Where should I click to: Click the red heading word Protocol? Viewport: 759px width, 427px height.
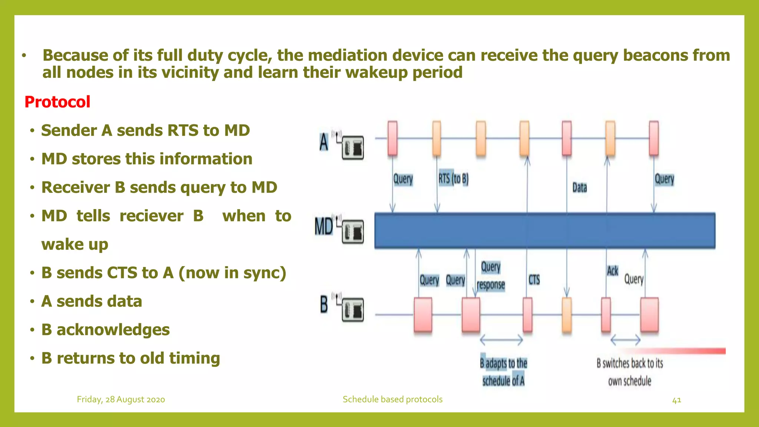pyautogui.click(x=57, y=102)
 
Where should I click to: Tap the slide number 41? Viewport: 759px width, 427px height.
pyautogui.click(x=676, y=400)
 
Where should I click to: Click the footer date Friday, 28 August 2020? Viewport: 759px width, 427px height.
pyautogui.click(x=121, y=400)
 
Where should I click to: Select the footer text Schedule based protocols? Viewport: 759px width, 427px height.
pyautogui.click(x=392, y=400)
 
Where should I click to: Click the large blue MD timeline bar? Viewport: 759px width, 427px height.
pyautogui.click(x=545, y=231)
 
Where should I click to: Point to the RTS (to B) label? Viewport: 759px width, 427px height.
pyautogui.click(x=453, y=179)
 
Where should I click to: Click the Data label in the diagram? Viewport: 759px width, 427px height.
pyautogui.click(x=580, y=188)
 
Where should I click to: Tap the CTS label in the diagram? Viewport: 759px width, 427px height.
pyautogui.click(x=534, y=279)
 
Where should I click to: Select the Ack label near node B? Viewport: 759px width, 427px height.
pyautogui.click(x=612, y=271)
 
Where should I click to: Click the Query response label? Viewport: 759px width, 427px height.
pyautogui.click(x=491, y=276)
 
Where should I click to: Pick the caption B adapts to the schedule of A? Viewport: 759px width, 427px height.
pyautogui.click(x=503, y=372)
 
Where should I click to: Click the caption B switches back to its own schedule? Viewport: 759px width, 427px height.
pyautogui.click(x=630, y=372)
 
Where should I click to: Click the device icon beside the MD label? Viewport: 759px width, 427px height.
pyautogui.click(x=352, y=232)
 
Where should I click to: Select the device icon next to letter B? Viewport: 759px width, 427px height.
pyautogui.click(x=352, y=310)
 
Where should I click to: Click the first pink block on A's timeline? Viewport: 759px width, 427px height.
pyautogui.click(x=392, y=138)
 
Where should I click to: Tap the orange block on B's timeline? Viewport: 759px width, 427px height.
pyautogui.click(x=567, y=315)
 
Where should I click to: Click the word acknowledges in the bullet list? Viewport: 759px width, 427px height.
pyautogui.click(x=113, y=330)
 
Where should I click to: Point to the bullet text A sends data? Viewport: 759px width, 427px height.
pyautogui.click(x=92, y=301)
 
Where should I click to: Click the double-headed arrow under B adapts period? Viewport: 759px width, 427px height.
pyautogui.click(x=501, y=340)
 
